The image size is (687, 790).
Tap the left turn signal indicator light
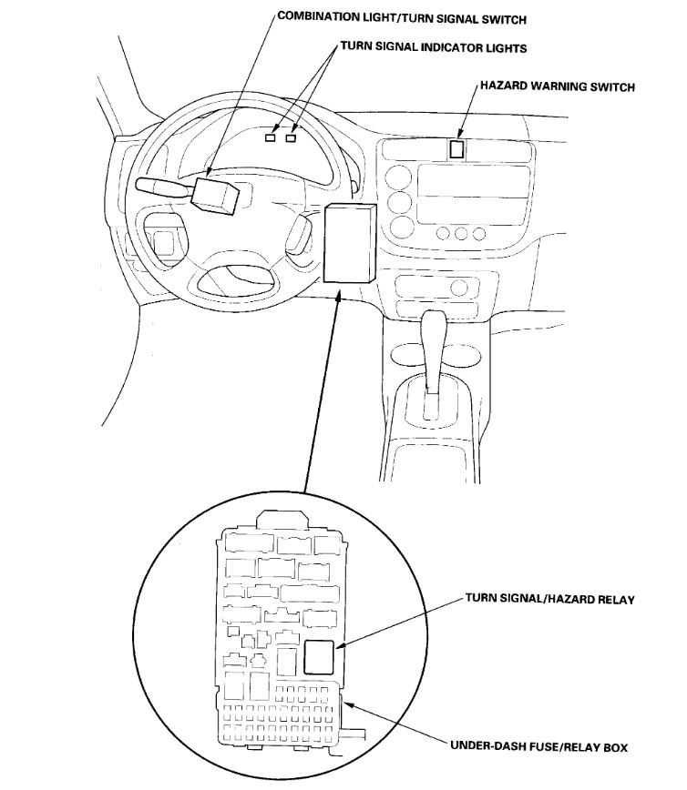click(x=271, y=138)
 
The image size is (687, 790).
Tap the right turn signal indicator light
click(x=292, y=138)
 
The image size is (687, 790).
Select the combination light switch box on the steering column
click(x=214, y=193)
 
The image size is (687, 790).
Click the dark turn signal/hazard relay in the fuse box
click(x=318, y=656)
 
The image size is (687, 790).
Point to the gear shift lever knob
click(x=435, y=326)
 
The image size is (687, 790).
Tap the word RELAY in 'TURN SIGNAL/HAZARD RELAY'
click(x=615, y=600)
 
